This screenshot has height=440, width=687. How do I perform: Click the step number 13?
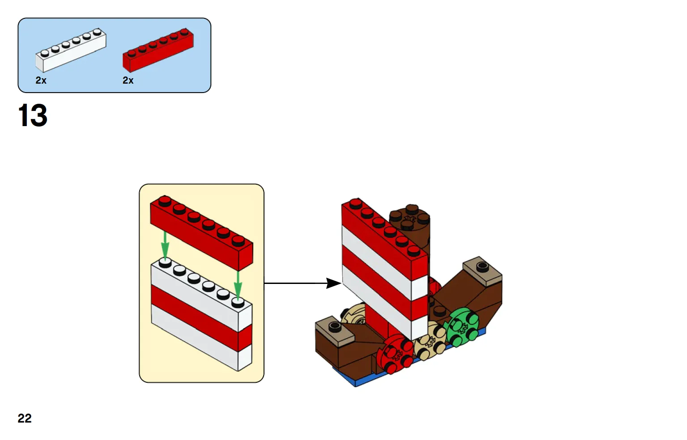click(33, 115)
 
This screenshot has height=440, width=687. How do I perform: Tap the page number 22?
click(25, 418)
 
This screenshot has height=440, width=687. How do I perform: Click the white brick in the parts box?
click(71, 51)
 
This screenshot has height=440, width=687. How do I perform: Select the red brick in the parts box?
click(158, 51)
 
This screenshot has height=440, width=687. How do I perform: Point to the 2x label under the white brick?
click(41, 80)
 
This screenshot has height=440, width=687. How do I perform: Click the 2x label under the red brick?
click(128, 80)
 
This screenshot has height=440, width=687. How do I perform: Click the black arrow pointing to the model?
click(303, 283)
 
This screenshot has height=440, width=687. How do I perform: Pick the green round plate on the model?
click(462, 327)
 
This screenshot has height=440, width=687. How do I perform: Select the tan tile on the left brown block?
click(335, 330)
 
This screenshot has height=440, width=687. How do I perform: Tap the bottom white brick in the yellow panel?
click(201, 337)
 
